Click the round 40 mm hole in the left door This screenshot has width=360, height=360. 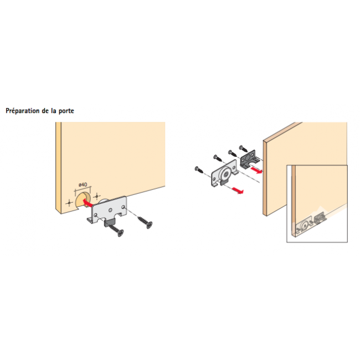coord(81,200)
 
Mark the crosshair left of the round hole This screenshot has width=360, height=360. coord(68,204)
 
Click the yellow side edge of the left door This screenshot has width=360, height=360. coord(58,166)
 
